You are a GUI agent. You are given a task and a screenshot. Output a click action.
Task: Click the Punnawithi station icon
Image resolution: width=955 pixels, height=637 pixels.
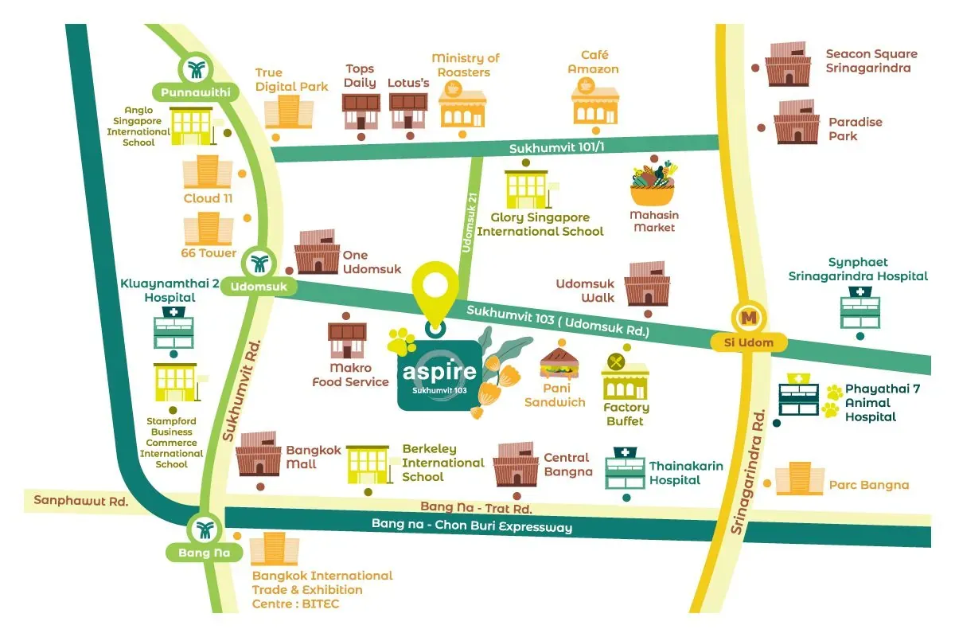pyautogui.click(x=194, y=69)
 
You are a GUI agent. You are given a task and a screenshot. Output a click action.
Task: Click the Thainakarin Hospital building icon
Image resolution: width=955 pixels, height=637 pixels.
pyautogui.click(x=626, y=470)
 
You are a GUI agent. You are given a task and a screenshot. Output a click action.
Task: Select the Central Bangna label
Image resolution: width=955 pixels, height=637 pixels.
pyautogui.click(x=567, y=464)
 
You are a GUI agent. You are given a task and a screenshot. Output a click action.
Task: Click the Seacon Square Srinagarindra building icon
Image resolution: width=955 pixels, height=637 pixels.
pyautogui.click(x=789, y=62)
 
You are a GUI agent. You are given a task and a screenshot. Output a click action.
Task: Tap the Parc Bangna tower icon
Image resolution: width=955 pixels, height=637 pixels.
pyautogui.click(x=800, y=479)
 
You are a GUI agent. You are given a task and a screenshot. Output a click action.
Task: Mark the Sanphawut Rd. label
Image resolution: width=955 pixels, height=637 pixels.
pyautogui.click(x=81, y=501)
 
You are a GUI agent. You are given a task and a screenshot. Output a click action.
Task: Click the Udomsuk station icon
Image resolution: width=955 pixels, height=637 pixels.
pyautogui.click(x=259, y=263)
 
